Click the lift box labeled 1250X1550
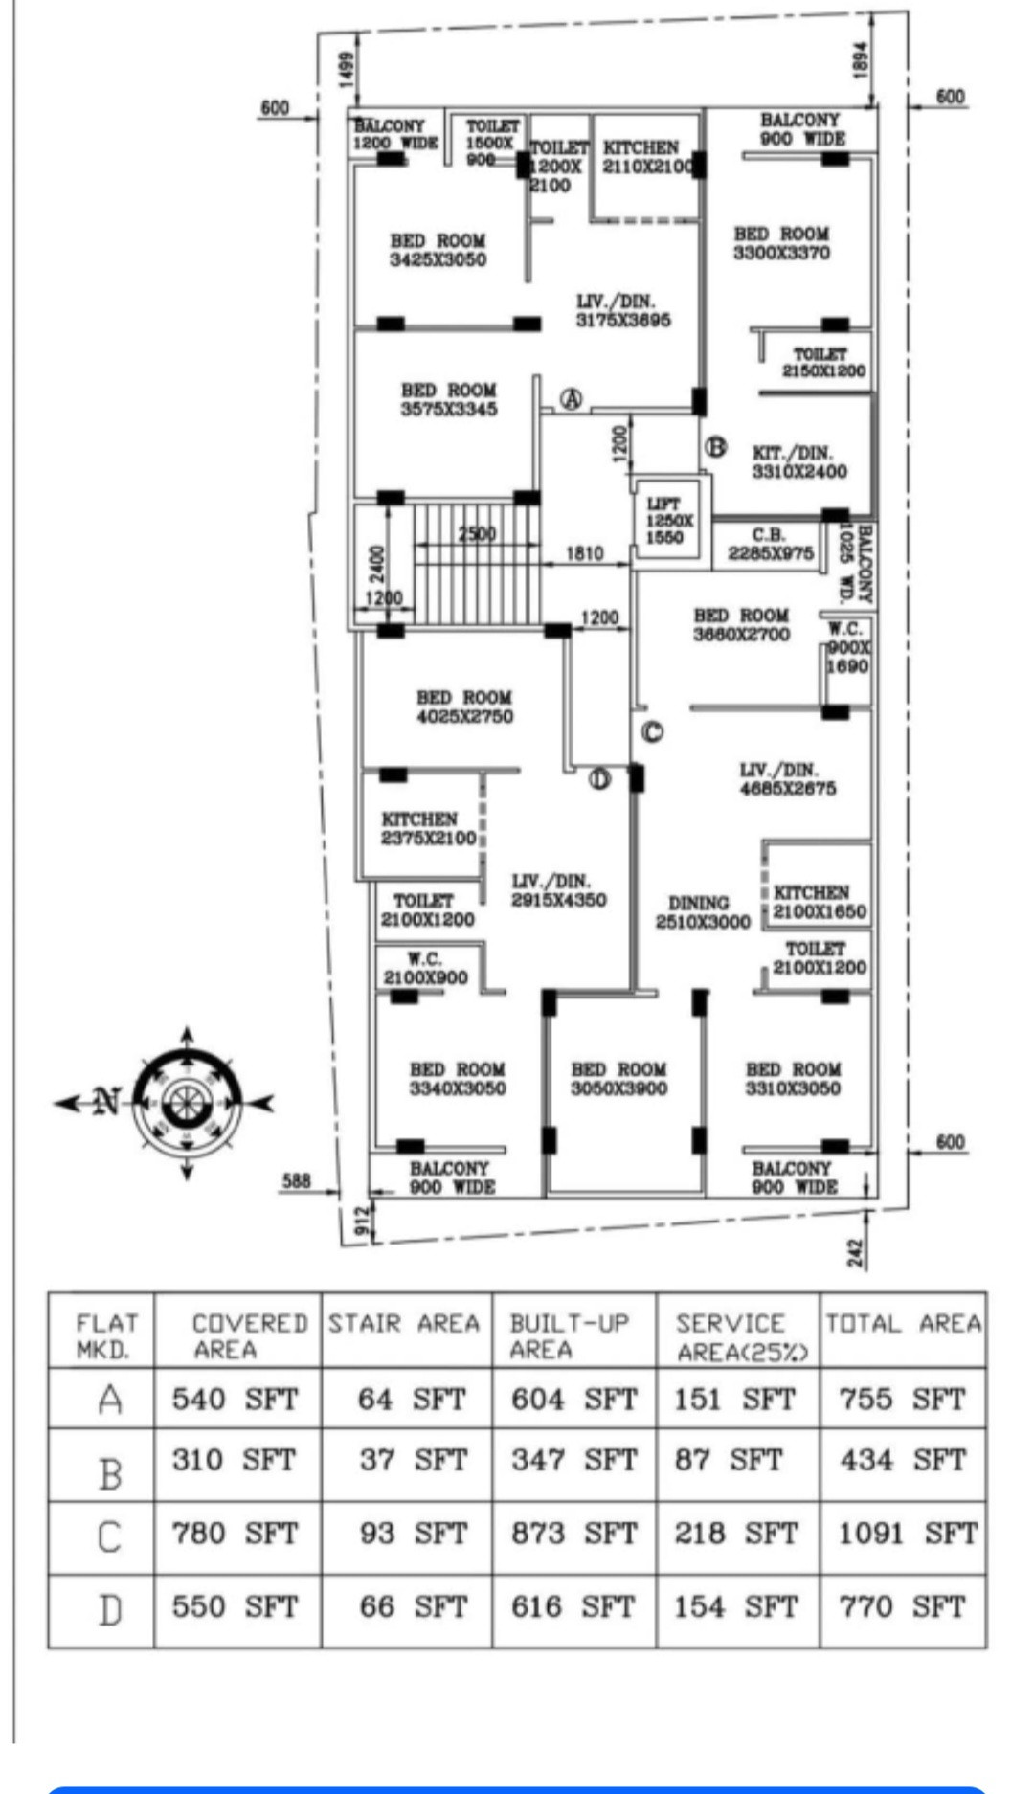pyautogui.click(x=668, y=521)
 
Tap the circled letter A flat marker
pyautogui.click(x=571, y=399)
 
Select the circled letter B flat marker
pyautogui.click(x=715, y=446)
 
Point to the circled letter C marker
pyautogui.click(x=651, y=732)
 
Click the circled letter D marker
pyautogui.click(x=599, y=778)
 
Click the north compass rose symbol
pyautogui.click(x=187, y=1103)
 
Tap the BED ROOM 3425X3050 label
pyautogui.click(x=438, y=250)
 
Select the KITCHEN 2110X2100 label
pyautogui.click(x=643, y=157)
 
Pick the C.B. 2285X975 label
pyautogui.click(x=770, y=544)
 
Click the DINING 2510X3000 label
pyautogui.click(x=702, y=912)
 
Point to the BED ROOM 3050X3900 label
pyautogui.click(x=618, y=1079)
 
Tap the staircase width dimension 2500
pyautogui.click(x=477, y=533)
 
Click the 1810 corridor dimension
pyautogui.click(x=584, y=553)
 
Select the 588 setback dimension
pyautogui.click(x=296, y=1181)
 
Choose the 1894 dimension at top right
pyautogui.click(x=861, y=61)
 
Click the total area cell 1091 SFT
pyautogui.click(x=906, y=1534)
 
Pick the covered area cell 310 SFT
pyautogui.click(x=236, y=1460)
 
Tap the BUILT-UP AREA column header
pyautogui.click(x=571, y=1336)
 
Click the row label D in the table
pyautogui.click(x=109, y=1609)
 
